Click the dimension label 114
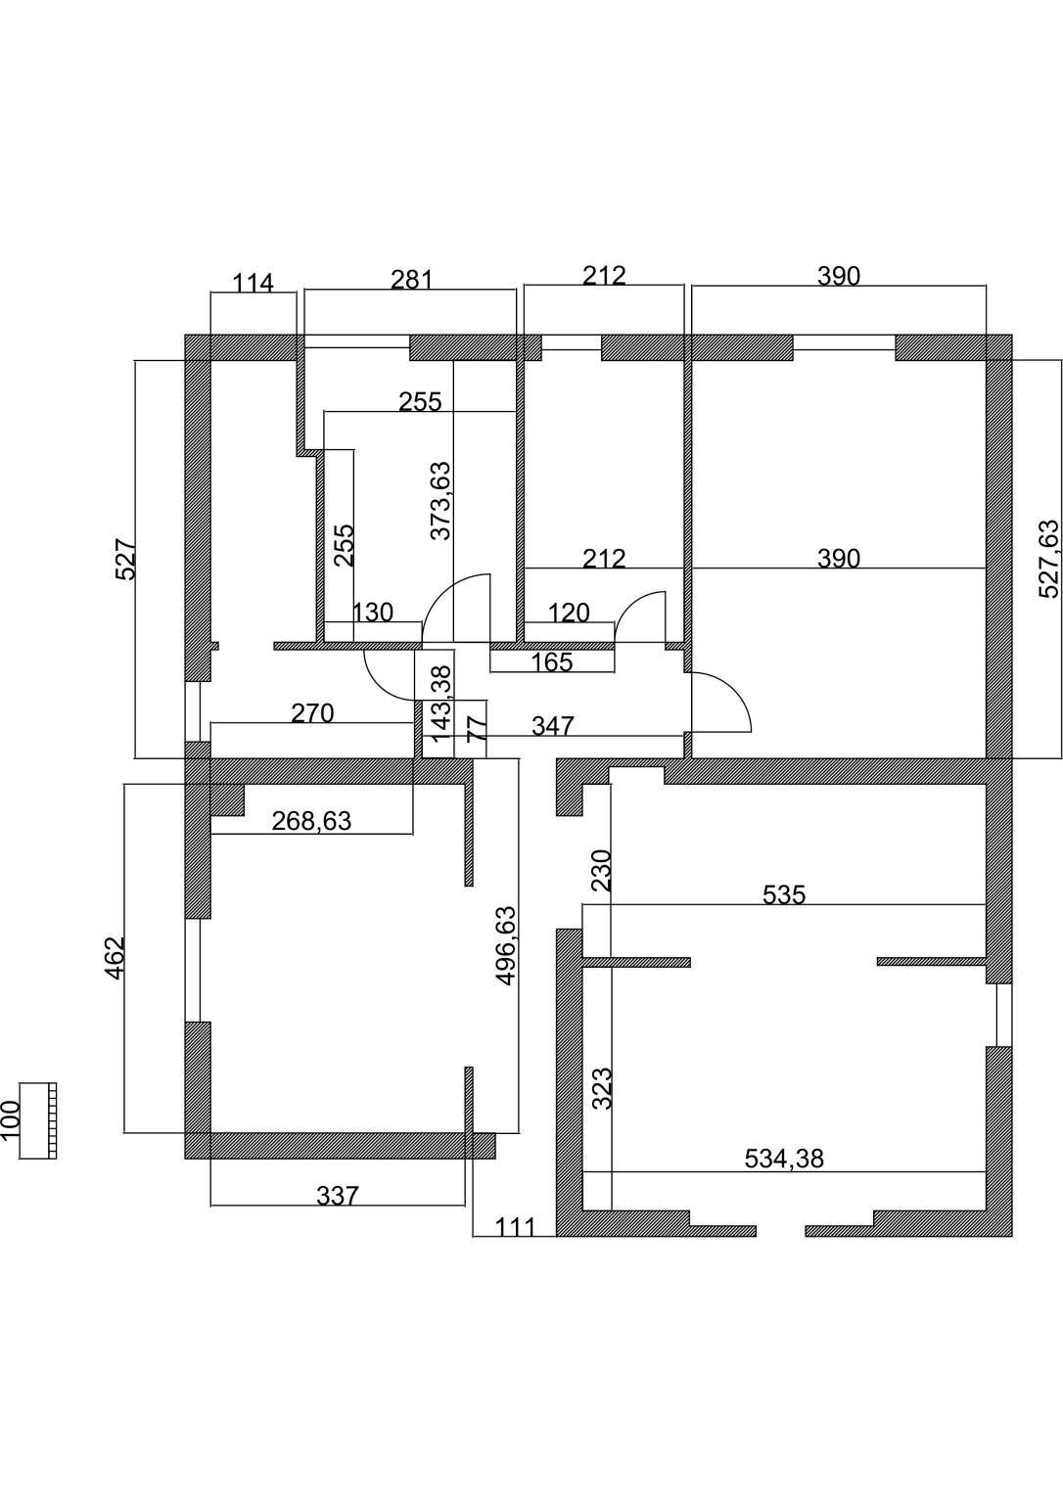coord(253,283)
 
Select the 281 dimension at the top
coord(412,279)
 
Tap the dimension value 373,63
coord(440,501)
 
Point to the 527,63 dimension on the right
coord(1049,559)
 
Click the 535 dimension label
coord(784,894)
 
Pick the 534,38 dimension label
coord(784,1159)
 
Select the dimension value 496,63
coord(506,946)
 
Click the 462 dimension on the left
coord(115,958)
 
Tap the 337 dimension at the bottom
coord(338,1195)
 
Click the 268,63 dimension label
coord(311,821)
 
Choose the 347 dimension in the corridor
coord(553,725)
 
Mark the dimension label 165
coord(552,662)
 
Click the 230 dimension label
coord(603,870)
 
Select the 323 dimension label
coord(603,1089)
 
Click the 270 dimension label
coord(312,712)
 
